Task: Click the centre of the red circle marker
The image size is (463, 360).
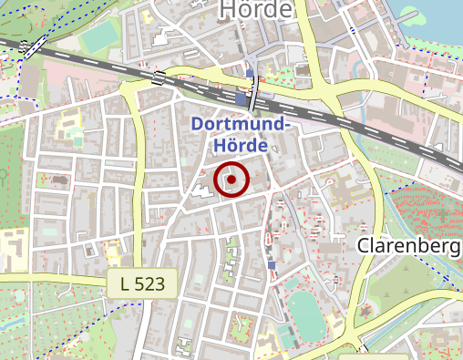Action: coord(232,180)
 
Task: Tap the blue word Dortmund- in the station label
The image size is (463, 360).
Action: coord(241,125)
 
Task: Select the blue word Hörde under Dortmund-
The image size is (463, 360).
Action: coord(240,145)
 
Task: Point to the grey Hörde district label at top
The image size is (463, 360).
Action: coord(257,9)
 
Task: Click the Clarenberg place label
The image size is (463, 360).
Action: coord(407,246)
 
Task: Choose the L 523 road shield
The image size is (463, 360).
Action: coord(141,283)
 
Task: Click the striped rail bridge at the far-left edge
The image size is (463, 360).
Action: coord(33,47)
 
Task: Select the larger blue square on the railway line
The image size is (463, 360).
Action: coord(240,98)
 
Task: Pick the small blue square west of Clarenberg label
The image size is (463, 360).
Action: coord(271,265)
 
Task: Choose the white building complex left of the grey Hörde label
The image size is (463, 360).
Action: coord(169,36)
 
